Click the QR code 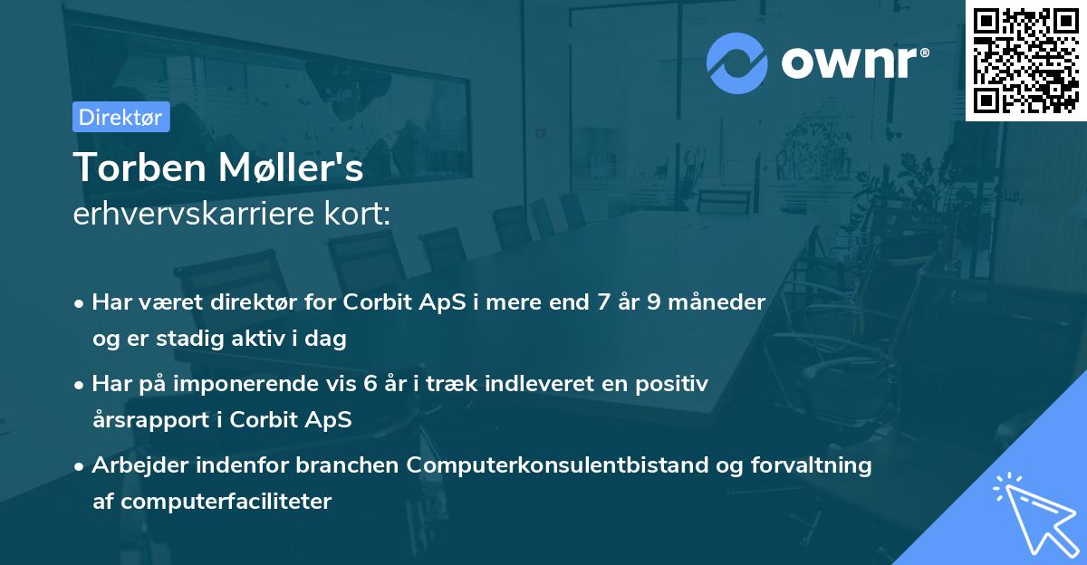pyautogui.click(x=1026, y=60)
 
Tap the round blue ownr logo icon pyautogui.click(x=736, y=63)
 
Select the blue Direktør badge pyautogui.click(x=120, y=117)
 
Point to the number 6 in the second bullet pyautogui.click(x=370, y=383)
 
